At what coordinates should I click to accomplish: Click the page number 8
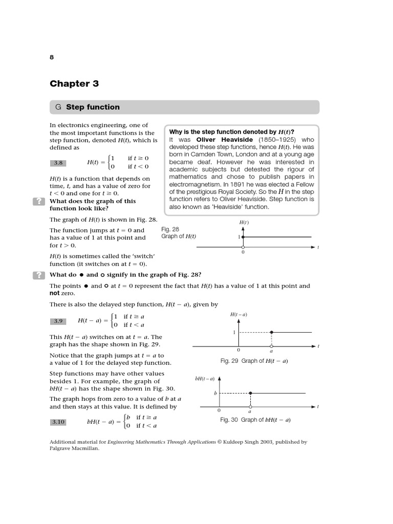point(52,57)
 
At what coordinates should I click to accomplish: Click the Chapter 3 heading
point(74,83)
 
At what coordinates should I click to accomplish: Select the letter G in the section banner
point(58,107)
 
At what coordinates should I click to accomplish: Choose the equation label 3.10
point(58,422)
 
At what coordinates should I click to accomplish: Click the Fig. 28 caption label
point(170,229)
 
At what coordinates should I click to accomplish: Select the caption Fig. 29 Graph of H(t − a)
point(254,361)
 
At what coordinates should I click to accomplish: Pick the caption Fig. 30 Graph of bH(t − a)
point(255,420)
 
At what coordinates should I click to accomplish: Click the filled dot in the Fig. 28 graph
point(243,237)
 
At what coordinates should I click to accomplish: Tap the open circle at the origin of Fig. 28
point(243,247)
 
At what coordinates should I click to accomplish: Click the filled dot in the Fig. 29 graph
point(271,332)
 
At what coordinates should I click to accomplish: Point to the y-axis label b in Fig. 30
point(215,393)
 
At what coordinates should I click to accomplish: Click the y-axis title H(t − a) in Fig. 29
point(238,315)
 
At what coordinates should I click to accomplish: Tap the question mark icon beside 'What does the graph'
point(39,201)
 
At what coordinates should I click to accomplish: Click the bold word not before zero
point(55,293)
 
